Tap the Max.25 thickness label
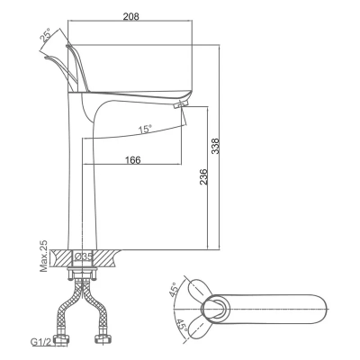(43, 257)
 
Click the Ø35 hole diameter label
(85, 256)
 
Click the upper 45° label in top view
(174, 292)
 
